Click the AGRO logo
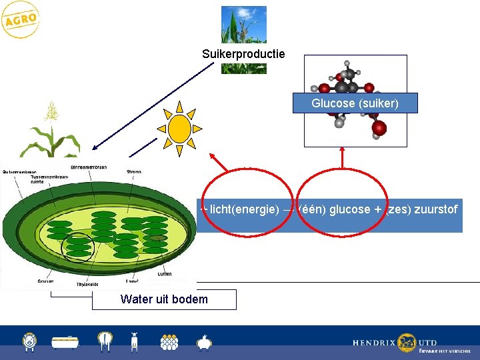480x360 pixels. coord(21,21)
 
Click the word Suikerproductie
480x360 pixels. coord(243,53)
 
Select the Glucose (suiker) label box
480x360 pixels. coord(355,103)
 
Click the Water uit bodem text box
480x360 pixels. coord(164,299)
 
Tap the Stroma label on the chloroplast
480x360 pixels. coord(133,172)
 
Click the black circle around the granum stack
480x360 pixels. coord(79,247)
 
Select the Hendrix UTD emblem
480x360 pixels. coord(407,343)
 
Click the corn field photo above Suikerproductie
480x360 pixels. coord(243,25)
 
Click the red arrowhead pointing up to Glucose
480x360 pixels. coord(343,151)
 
